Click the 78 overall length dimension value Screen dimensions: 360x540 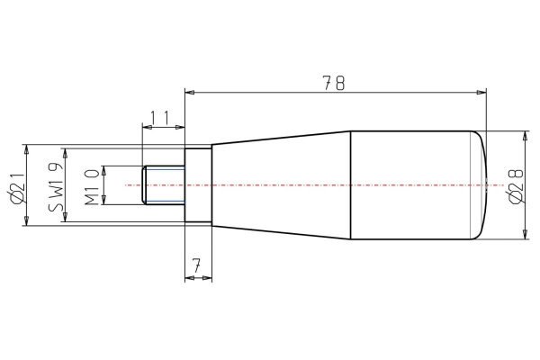335,83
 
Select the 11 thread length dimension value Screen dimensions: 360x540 160,117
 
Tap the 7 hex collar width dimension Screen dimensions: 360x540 197,265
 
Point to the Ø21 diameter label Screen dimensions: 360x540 14,185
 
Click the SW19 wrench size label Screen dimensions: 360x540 55,185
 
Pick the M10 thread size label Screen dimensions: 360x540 91,185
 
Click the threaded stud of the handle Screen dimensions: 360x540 163,185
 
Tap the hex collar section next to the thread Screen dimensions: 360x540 197,185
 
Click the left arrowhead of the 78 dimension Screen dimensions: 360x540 190,91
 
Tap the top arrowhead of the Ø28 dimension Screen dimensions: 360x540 526,136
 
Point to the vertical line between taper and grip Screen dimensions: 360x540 350,185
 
